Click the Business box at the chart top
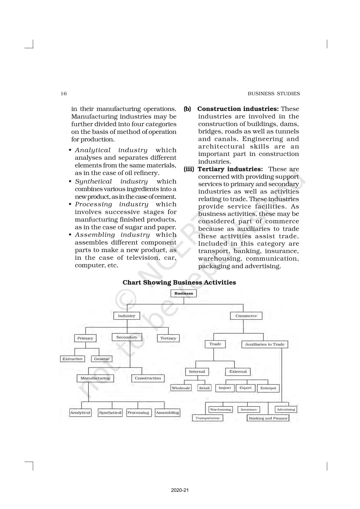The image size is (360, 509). (183, 293)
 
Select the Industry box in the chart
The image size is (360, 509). (126, 316)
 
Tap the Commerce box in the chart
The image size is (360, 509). (246, 316)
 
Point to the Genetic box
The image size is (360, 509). (102, 359)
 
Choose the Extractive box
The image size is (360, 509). (73, 359)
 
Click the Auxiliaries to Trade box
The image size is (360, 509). (264, 344)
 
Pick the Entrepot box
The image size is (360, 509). (268, 388)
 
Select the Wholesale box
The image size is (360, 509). (181, 388)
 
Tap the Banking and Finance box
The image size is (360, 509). (268, 418)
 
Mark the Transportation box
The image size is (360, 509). (207, 418)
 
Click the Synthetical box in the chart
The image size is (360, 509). (110, 413)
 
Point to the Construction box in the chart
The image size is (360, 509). (148, 378)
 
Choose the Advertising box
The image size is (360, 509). (286, 409)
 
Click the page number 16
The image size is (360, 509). (64, 93)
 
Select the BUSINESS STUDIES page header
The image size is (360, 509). (273, 93)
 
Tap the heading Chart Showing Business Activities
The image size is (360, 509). (179, 283)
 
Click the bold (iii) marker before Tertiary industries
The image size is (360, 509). (189, 169)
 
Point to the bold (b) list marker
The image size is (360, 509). (187, 109)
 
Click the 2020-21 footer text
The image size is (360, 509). (180, 490)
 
